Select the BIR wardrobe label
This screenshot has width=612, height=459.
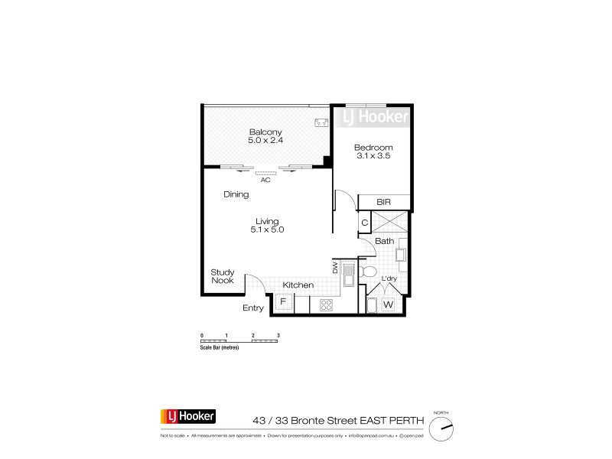(x=384, y=203)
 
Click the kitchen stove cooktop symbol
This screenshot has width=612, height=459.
(x=324, y=304)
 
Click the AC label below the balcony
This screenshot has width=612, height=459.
(x=265, y=181)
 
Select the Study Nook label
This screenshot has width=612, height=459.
(x=223, y=275)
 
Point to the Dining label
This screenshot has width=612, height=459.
(x=236, y=194)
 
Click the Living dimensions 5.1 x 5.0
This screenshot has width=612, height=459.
(x=267, y=229)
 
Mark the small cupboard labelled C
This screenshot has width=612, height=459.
(x=365, y=223)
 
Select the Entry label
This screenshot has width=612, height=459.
(x=253, y=308)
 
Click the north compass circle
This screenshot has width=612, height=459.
(x=441, y=429)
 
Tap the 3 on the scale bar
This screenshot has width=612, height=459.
(x=279, y=336)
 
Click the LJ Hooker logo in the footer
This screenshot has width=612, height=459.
(x=187, y=417)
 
